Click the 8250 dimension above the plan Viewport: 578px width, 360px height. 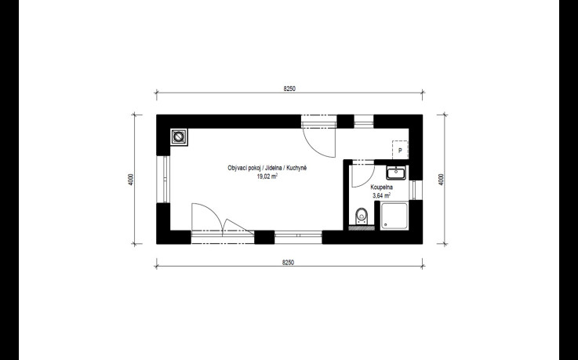[x=289, y=89]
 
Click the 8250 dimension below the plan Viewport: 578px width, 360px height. [x=289, y=263]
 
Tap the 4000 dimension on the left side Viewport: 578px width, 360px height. [x=131, y=180]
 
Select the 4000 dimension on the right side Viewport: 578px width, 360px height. [x=442, y=180]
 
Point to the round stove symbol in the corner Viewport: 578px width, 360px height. [x=179, y=136]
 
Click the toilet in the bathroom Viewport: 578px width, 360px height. [x=362, y=216]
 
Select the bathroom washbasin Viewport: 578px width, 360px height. [x=396, y=173]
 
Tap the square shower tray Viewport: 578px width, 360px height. [x=394, y=216]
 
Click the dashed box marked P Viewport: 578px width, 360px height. [x=400, y=150]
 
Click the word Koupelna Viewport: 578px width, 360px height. [x=381, y=187]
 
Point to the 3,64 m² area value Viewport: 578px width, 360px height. [x=381, y=195]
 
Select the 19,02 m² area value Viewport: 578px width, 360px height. [x=267, y=176]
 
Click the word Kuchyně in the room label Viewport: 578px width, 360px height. [x=296, y=168]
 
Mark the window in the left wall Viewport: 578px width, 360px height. [x=163, y=179]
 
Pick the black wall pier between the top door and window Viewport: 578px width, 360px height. [x=345, y=122]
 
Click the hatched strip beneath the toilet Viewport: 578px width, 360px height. [x=362, y=228]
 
